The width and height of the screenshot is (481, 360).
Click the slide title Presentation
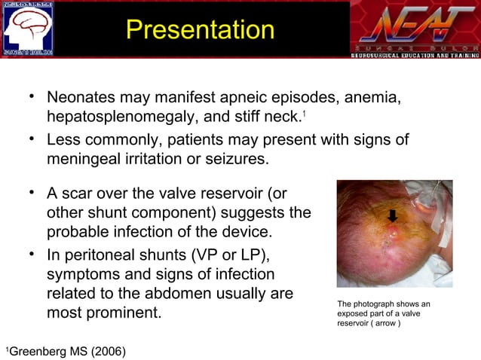point(200,30)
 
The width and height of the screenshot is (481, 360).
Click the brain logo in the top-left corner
point(28,29)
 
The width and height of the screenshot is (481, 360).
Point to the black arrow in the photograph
point(393,217)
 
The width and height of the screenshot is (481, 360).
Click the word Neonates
point(81,99)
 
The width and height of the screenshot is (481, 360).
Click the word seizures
point(233,159)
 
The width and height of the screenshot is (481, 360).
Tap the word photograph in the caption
point(381,304)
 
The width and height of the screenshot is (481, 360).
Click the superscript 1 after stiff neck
point(304,114)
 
